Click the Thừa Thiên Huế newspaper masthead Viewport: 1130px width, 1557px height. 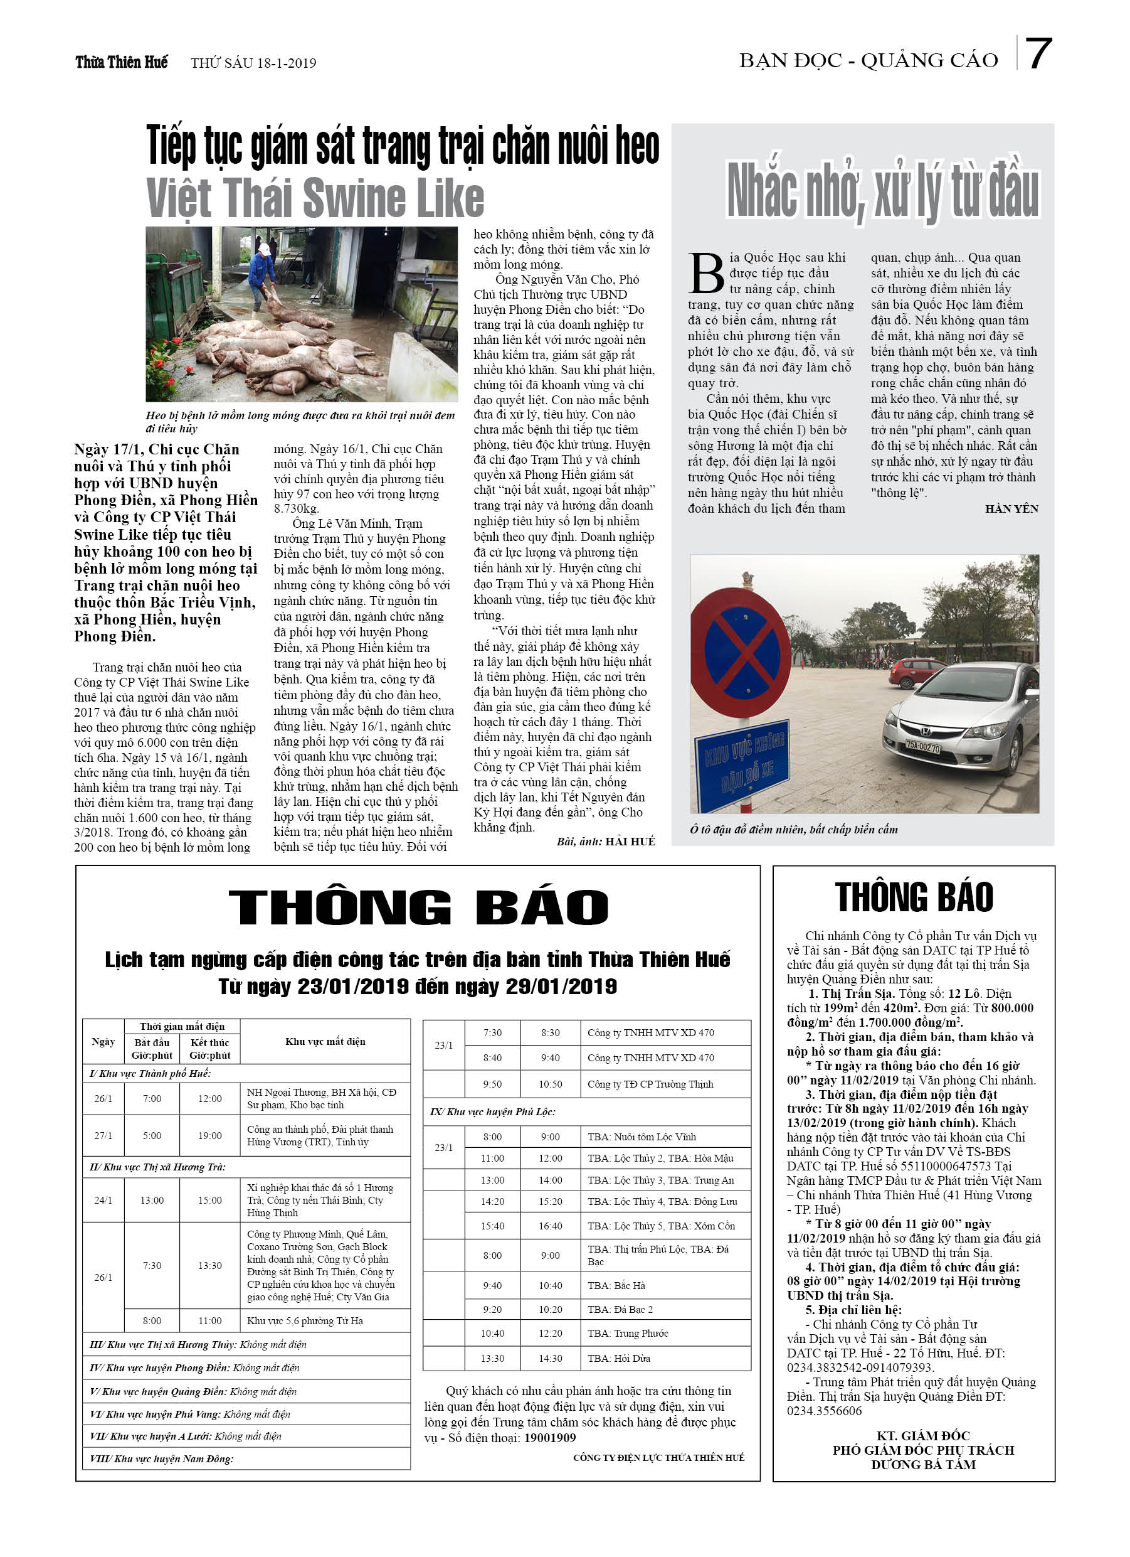pyautogui.click(x=122, y=63)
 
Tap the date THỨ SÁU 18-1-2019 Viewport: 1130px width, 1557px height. pyautogui.click(x=253, y=63)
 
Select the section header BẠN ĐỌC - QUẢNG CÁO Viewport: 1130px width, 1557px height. pyautogui.click(x=868, y=61)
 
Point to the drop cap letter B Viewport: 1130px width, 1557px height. pyautogui.click(x=706, y=272)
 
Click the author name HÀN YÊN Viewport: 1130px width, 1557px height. pyautogui.click(x=1011, y=509)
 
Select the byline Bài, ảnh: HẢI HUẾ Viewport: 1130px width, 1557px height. pyautogui.click(x=605, y=841)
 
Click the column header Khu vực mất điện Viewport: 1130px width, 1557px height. pyautogui.click(x=325, y=1041)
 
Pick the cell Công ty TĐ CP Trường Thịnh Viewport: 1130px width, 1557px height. pyautogui.click(x=650, y=1084)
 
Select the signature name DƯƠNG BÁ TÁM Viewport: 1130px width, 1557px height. pyautogui.click(x=923, y=1464)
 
